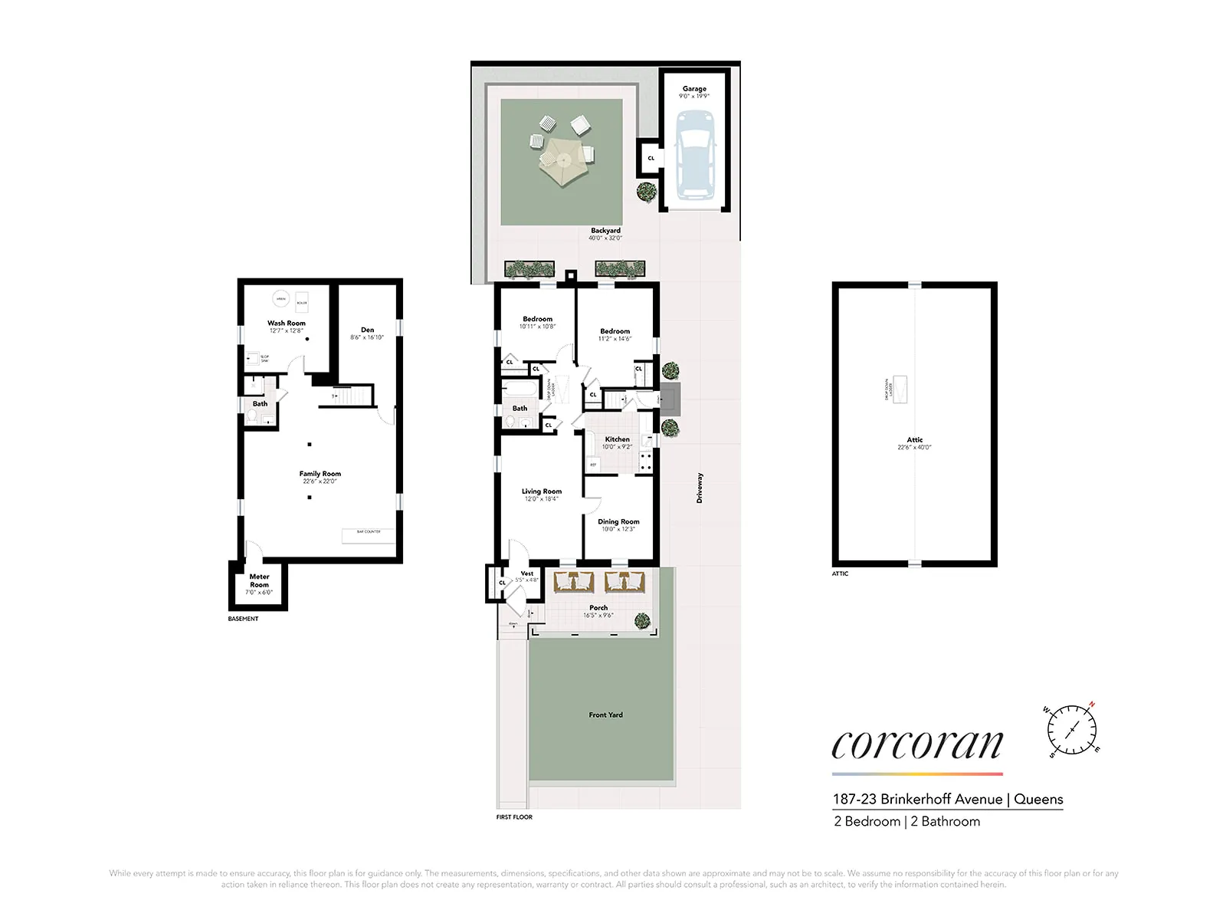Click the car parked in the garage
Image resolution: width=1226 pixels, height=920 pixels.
tap(695, 153)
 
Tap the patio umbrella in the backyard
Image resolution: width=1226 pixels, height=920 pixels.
tap(563, 162)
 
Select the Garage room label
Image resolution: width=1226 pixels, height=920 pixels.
tap(694, 89)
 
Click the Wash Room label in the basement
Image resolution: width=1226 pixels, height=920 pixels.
tap(286, 324)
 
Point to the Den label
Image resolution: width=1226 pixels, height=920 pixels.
tap(367, 330)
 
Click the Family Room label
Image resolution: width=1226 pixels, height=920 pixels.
tap(320, 474)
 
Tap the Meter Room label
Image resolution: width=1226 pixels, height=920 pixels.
tap(259, 580)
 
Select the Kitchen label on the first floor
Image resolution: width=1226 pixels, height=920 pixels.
tap(617, 439)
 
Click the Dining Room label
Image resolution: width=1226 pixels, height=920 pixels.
tap(618, 521)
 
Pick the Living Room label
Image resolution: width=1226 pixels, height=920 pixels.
tap(542, 491)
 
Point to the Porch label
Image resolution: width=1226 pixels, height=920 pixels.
tap(598, 608)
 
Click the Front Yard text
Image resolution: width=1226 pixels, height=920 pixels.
tap(605, 715)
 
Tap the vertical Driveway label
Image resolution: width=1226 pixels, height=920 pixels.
tap(700, 488)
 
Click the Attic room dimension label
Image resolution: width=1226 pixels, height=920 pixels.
tap(914, 448)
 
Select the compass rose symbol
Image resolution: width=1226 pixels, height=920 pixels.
tap(1072, 730)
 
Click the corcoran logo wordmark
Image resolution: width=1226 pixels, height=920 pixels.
tap(917, 744)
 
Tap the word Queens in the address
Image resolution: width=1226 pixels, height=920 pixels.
tap(1038, 799)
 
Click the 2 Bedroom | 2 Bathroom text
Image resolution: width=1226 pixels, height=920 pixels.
tap(906, 821)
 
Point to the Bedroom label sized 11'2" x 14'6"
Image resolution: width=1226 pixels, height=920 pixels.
tap(615, 331)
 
